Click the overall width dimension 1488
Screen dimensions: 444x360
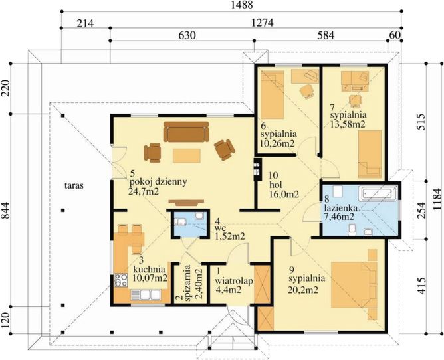[x=241, y=5]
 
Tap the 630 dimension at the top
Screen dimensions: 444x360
[x=187, y=35]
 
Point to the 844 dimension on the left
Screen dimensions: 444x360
[x=6, y=210]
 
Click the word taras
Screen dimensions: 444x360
[x=74, y=186]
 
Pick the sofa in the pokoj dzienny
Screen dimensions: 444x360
[x=186, y=132]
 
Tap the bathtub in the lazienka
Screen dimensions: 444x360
[x=378, y=194]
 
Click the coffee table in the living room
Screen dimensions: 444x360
[x=187, y=155]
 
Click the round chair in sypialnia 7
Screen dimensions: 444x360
[x=356, y=100]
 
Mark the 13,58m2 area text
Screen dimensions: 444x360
[x=348, y=124]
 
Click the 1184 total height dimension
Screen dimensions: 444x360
[x=437, y=199]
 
